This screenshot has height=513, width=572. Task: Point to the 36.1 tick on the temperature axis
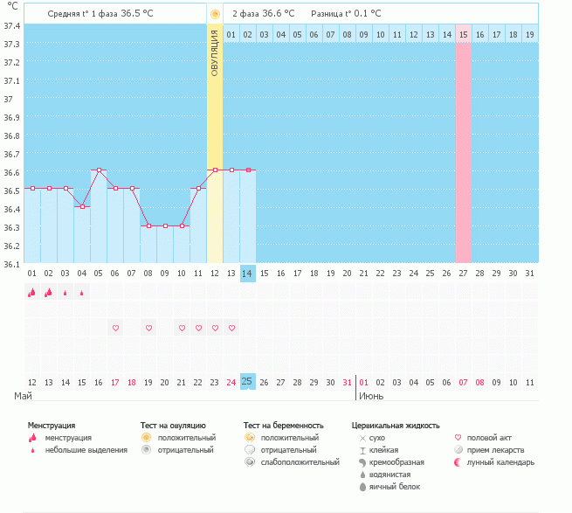point(12,264)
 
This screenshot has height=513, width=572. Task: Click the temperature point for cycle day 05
point(99,170)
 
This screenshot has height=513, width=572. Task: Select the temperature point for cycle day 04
point(82,206)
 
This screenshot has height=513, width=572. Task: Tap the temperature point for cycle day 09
point(165,225)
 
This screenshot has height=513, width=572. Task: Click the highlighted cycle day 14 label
point(248,274)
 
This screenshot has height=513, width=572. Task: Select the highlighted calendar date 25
point(248,382)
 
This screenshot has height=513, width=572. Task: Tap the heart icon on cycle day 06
point(115,328)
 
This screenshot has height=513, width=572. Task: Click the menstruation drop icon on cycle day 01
point(32,293)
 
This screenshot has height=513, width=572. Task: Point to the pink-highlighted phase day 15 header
point(463,34)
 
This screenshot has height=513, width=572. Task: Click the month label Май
point(24,396)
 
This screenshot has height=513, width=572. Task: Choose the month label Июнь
point(370,396)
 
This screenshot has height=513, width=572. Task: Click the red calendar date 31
point(348,382)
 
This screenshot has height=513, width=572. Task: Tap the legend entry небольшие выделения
point(86,450)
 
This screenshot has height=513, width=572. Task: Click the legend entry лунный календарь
point(500,462)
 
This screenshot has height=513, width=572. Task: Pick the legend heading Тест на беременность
point(290,424)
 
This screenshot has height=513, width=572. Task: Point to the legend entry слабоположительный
point(300,462)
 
